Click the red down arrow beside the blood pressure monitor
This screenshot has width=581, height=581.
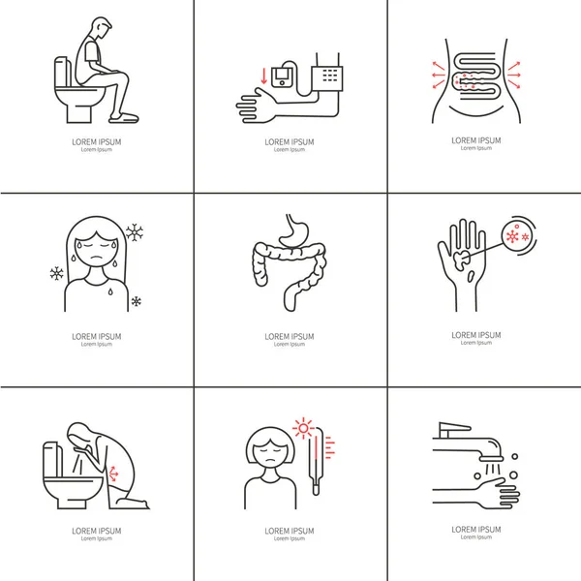pos(263,76)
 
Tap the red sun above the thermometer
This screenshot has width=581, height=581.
pos(303,428)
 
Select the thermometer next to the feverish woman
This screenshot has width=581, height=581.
pos(316,461)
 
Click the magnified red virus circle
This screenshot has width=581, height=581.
pos(516,235)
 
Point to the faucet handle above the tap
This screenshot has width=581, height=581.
pos(453,429)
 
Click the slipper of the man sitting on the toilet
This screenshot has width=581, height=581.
pos(124,118)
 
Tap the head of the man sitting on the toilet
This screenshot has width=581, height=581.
pos(101,27)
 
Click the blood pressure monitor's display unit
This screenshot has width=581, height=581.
pos(282,76)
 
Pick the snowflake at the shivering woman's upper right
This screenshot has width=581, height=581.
pos(135,232)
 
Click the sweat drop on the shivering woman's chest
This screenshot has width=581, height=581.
pos(110,291)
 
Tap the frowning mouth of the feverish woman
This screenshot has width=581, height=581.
pos(271,460)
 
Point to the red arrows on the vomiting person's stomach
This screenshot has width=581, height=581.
pos(113,474)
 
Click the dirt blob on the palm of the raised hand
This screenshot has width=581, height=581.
pos(461,259)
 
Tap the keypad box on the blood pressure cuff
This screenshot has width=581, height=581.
pos(327,78)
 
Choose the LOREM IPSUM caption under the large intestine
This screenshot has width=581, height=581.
pos(290,337)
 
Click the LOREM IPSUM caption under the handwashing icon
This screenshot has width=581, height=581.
pos(476,530)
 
